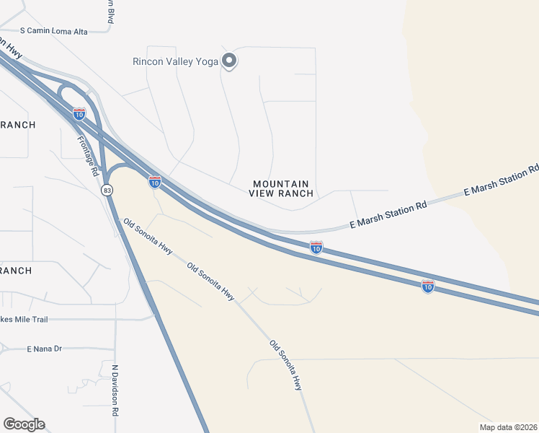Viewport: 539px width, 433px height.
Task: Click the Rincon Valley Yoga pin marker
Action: tap(229, 61)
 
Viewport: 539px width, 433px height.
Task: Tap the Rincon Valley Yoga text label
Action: tap(175, 61)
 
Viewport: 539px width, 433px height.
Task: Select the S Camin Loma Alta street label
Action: tap(54, 31)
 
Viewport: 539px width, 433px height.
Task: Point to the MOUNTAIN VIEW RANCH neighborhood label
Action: tap(282, 188)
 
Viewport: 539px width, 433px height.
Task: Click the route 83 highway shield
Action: tap(107, 190)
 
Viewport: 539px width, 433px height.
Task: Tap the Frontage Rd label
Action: tap(87, 157)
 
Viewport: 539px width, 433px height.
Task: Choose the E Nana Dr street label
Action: tap(45, 349)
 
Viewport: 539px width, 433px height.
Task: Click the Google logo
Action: tap(24, 424)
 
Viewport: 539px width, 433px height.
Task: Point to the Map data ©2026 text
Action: tap(508, 427)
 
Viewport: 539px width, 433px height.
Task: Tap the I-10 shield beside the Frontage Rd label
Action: tap(79, 113)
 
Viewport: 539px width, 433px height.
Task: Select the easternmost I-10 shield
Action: tap(428, 286)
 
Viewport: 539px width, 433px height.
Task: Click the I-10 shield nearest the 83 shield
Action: tap(154, 182)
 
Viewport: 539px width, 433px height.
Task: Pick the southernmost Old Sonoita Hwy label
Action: tap(286, 365)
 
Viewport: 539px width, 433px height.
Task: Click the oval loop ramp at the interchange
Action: tap(69, 97)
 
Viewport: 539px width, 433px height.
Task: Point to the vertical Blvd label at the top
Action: tap(110, 12)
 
